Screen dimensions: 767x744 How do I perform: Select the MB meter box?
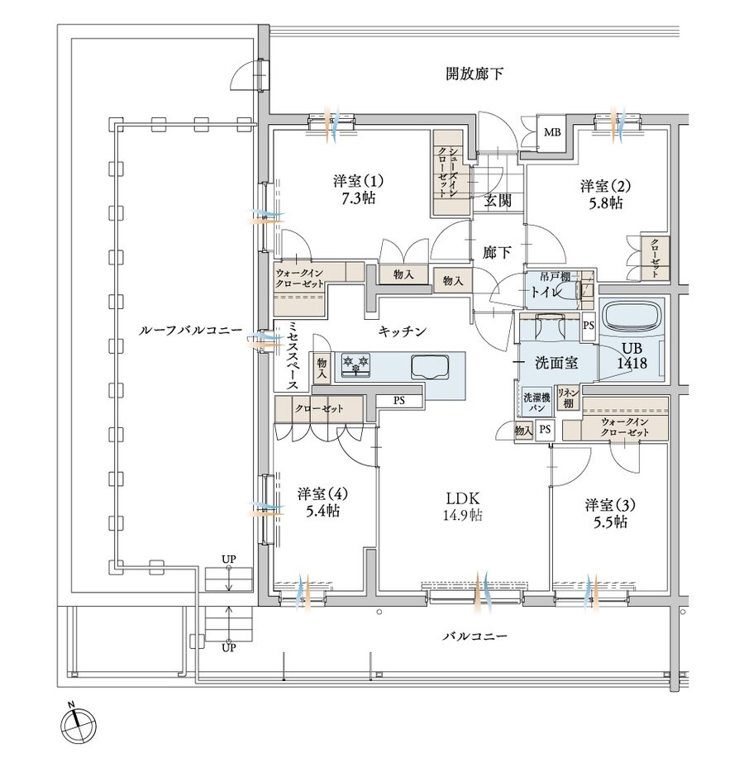(x=551, y=131)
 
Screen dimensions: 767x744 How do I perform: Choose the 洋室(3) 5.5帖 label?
(x=608, y=513)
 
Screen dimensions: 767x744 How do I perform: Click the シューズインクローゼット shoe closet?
(x=446, y=174)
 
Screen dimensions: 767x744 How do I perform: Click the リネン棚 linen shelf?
(x=567, y=398)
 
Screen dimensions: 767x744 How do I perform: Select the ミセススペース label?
(x=293, y=355)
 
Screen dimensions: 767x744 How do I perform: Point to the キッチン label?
(x=403, y=331)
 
